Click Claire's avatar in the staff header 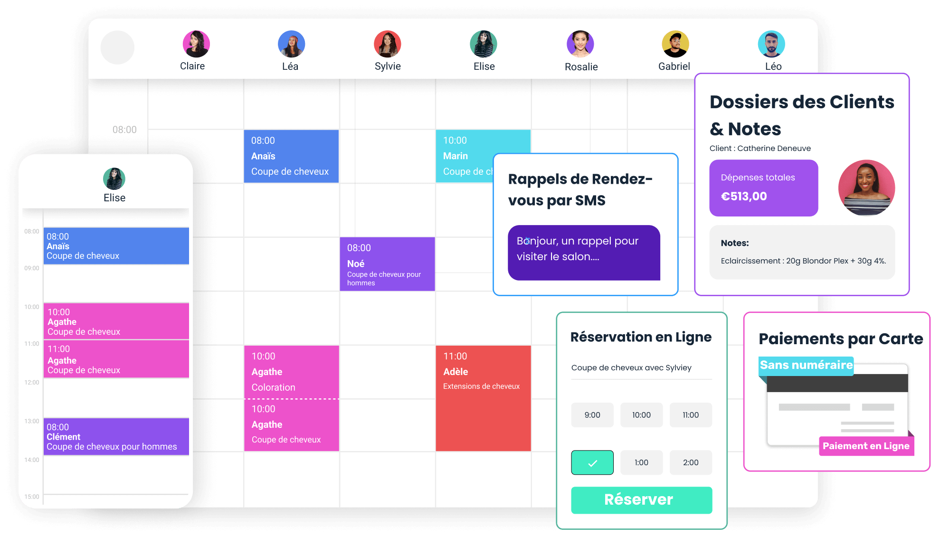(196, 44)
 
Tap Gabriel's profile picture (675, 44)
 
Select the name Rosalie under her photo (581, 67)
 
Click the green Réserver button (641, 500)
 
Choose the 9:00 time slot (592, 415)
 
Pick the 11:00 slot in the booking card (691, 415)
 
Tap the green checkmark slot (592, 462)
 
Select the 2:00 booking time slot (691, 462)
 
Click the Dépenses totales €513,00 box (764, 188)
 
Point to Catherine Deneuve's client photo (866, 188)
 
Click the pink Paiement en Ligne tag (866, 446)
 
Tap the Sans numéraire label (806, 365)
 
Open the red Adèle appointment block (483, 398)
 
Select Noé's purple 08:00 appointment (387, 264)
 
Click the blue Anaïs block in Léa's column (291, 156)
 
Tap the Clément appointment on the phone (116, 437)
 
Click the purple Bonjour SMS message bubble (584, 253)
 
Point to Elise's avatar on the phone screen (114, 179)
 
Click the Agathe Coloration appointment (291, 372)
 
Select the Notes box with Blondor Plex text (802, 252)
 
